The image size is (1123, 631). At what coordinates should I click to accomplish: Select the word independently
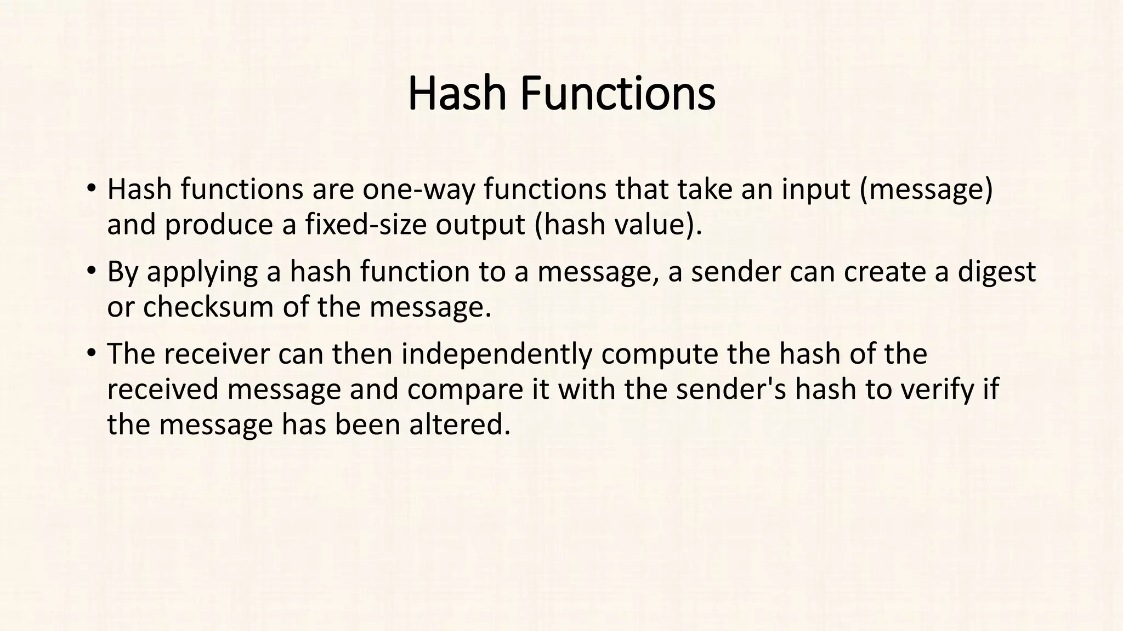click(x=497, y=354)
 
